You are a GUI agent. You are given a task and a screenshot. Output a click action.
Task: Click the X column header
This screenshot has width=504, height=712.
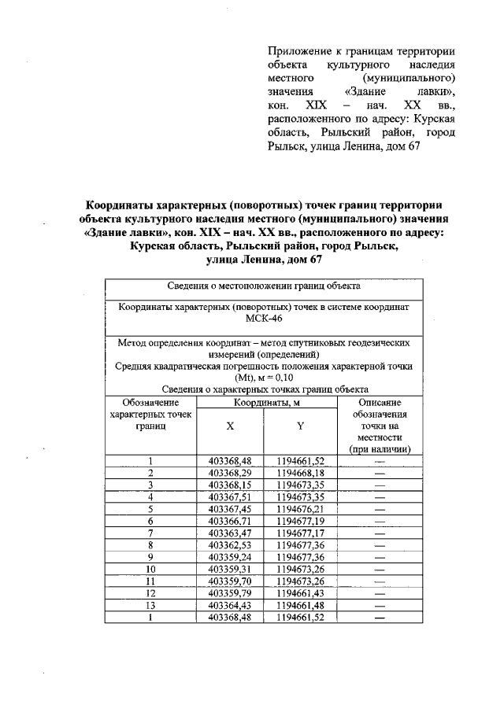229,425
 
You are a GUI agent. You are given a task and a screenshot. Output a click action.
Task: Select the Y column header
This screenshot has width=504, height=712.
300,425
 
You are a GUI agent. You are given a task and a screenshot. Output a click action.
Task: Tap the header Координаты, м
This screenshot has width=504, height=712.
265,402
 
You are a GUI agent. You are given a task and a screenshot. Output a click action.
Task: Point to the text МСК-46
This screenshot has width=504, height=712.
264,321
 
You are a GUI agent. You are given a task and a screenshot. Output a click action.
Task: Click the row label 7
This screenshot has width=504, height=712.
150,533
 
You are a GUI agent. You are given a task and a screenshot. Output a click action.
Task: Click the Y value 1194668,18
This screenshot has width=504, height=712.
300,474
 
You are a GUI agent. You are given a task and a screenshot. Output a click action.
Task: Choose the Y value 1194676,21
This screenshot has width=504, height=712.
300,509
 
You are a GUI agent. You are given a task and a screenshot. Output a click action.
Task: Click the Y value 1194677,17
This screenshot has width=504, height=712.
300,533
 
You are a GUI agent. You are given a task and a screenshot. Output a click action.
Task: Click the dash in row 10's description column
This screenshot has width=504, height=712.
380,569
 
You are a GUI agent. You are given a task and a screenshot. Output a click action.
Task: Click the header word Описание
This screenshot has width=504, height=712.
380,402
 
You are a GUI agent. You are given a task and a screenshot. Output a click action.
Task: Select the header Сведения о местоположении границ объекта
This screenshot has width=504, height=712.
264,286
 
